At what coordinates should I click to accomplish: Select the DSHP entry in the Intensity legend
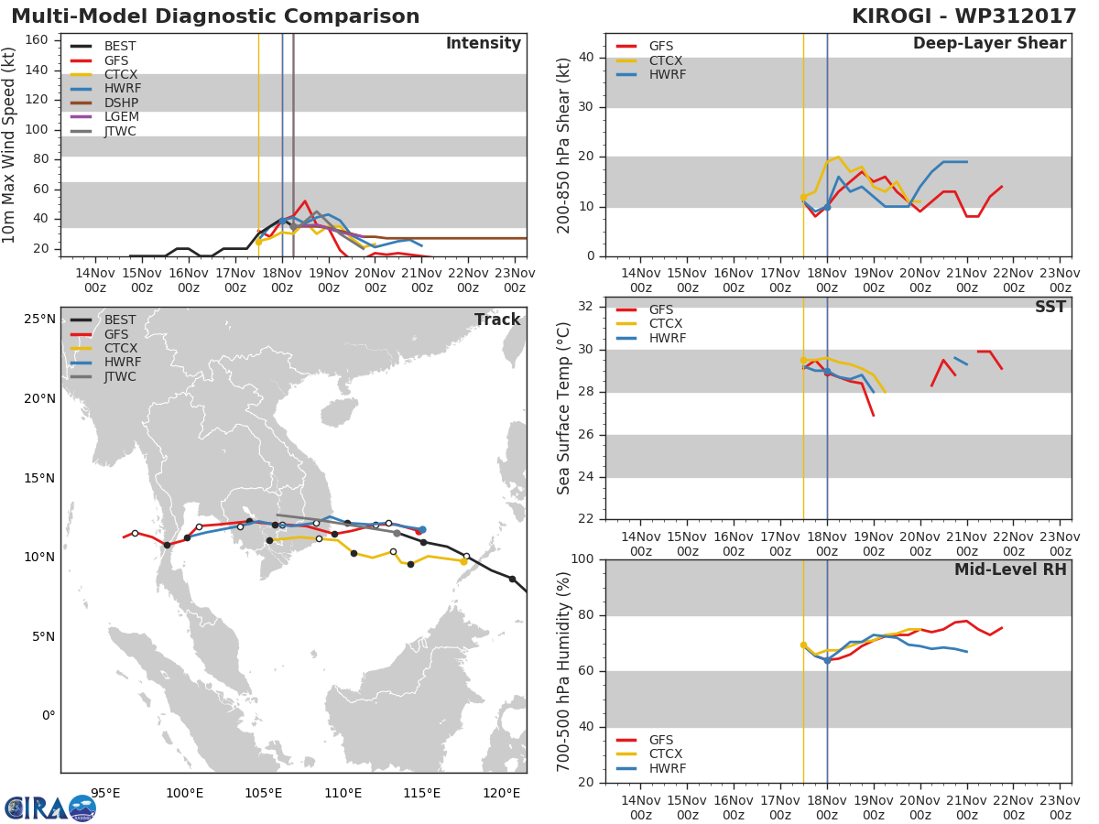click(121, 103)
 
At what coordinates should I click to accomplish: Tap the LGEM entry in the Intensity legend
click(122, 116)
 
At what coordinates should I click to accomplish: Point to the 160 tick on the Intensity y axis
click(37, 39)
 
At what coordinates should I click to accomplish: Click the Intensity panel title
click(484, 44)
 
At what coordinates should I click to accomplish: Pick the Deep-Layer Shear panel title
click(989, 44)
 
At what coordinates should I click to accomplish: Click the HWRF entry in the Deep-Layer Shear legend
click(668, 74)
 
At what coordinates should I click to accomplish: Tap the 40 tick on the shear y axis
click(586, 57)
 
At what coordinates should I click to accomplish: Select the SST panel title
click(1050, 307)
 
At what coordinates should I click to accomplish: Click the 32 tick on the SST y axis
click(586, 306)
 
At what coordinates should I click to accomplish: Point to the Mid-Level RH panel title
click(1010, 569)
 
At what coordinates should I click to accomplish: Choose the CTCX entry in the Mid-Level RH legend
click(666, 754)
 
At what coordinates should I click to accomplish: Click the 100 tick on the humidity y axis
click(582, 558)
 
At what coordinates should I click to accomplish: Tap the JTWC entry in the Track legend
click(120, 376)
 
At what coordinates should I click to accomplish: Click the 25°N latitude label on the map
click(39, 320)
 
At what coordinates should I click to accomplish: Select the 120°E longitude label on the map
click(502, 793)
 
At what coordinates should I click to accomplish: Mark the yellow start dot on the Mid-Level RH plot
click(803, 645)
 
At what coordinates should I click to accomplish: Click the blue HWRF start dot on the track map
click(422, 529)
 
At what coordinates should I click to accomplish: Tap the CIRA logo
click(50, 808)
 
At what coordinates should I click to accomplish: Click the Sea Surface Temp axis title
click(563, 408)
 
